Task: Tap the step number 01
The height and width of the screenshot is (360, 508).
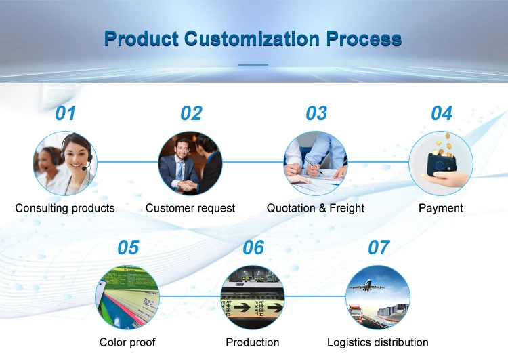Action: [x=65, y=113]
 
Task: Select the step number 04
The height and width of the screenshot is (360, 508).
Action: [x=441, y=113]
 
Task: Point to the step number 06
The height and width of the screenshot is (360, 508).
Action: [x=253, y=247]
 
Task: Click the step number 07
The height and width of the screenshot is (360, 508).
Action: [x=378, y=247]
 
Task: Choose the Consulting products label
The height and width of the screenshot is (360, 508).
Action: [x=65, y=208]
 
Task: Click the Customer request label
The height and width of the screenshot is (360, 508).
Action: [x=190, y=208]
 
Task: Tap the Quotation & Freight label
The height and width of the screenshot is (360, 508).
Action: [x=316, y=208]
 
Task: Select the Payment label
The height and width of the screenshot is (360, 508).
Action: [x=441, y=208]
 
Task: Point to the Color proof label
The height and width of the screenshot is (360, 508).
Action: [x=127, y=342]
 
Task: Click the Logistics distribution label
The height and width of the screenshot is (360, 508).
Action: [x=378, y=342]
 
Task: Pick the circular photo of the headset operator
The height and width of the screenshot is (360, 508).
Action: [x=65, y=163]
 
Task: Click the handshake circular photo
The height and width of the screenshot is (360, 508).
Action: [x=190, y=163]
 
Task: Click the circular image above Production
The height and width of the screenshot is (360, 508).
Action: [x=253, y=297]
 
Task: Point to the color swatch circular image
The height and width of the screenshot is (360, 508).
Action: [x=127, y=297]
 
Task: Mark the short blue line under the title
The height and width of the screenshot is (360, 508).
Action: [x=254, y=65]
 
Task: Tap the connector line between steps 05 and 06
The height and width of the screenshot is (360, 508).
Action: [x=190, y=297]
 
